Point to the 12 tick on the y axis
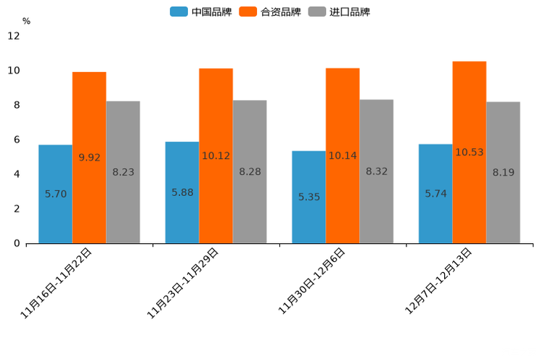pyautogui.click(x=14, y=36)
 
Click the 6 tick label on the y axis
pyautogui.click(x=17, y=139)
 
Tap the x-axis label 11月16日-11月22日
pyautogui.click(x=57, y=283)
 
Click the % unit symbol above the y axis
pyautogui.click(x=26, y=21)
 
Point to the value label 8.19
pyautogui.click(x=503, y=172)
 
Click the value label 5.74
pyautogui.click(x=435, y=194)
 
